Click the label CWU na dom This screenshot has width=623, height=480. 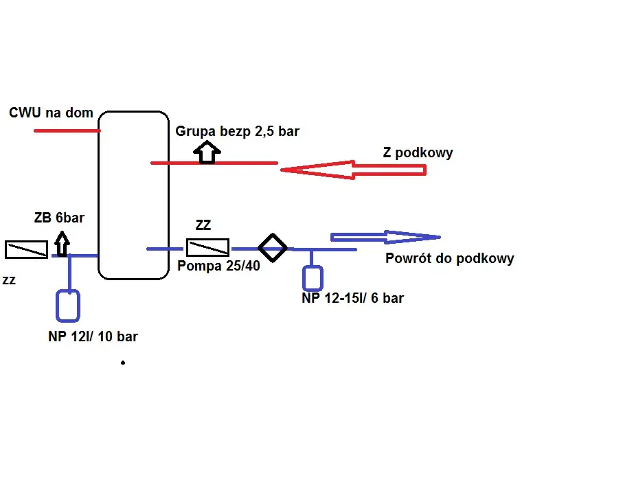point(52,113)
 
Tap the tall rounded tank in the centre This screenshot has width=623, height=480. point(134,195)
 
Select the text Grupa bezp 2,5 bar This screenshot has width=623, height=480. point(238,131)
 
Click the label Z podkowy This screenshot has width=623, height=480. point(418,152)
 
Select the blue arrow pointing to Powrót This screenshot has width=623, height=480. point(385,237)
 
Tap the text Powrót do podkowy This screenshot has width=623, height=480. point(449,259)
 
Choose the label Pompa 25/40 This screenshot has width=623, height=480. point(219,266)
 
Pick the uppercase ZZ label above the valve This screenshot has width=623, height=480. point(203,225)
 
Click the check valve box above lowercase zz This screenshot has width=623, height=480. point(26,249)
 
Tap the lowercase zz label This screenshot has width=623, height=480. point(10,280)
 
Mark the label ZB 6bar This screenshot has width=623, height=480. point(59,218)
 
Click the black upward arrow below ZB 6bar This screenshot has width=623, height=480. point(62,243)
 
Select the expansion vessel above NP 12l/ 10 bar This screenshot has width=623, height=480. point(68,306)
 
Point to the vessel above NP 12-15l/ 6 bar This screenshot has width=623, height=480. point(313,277)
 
